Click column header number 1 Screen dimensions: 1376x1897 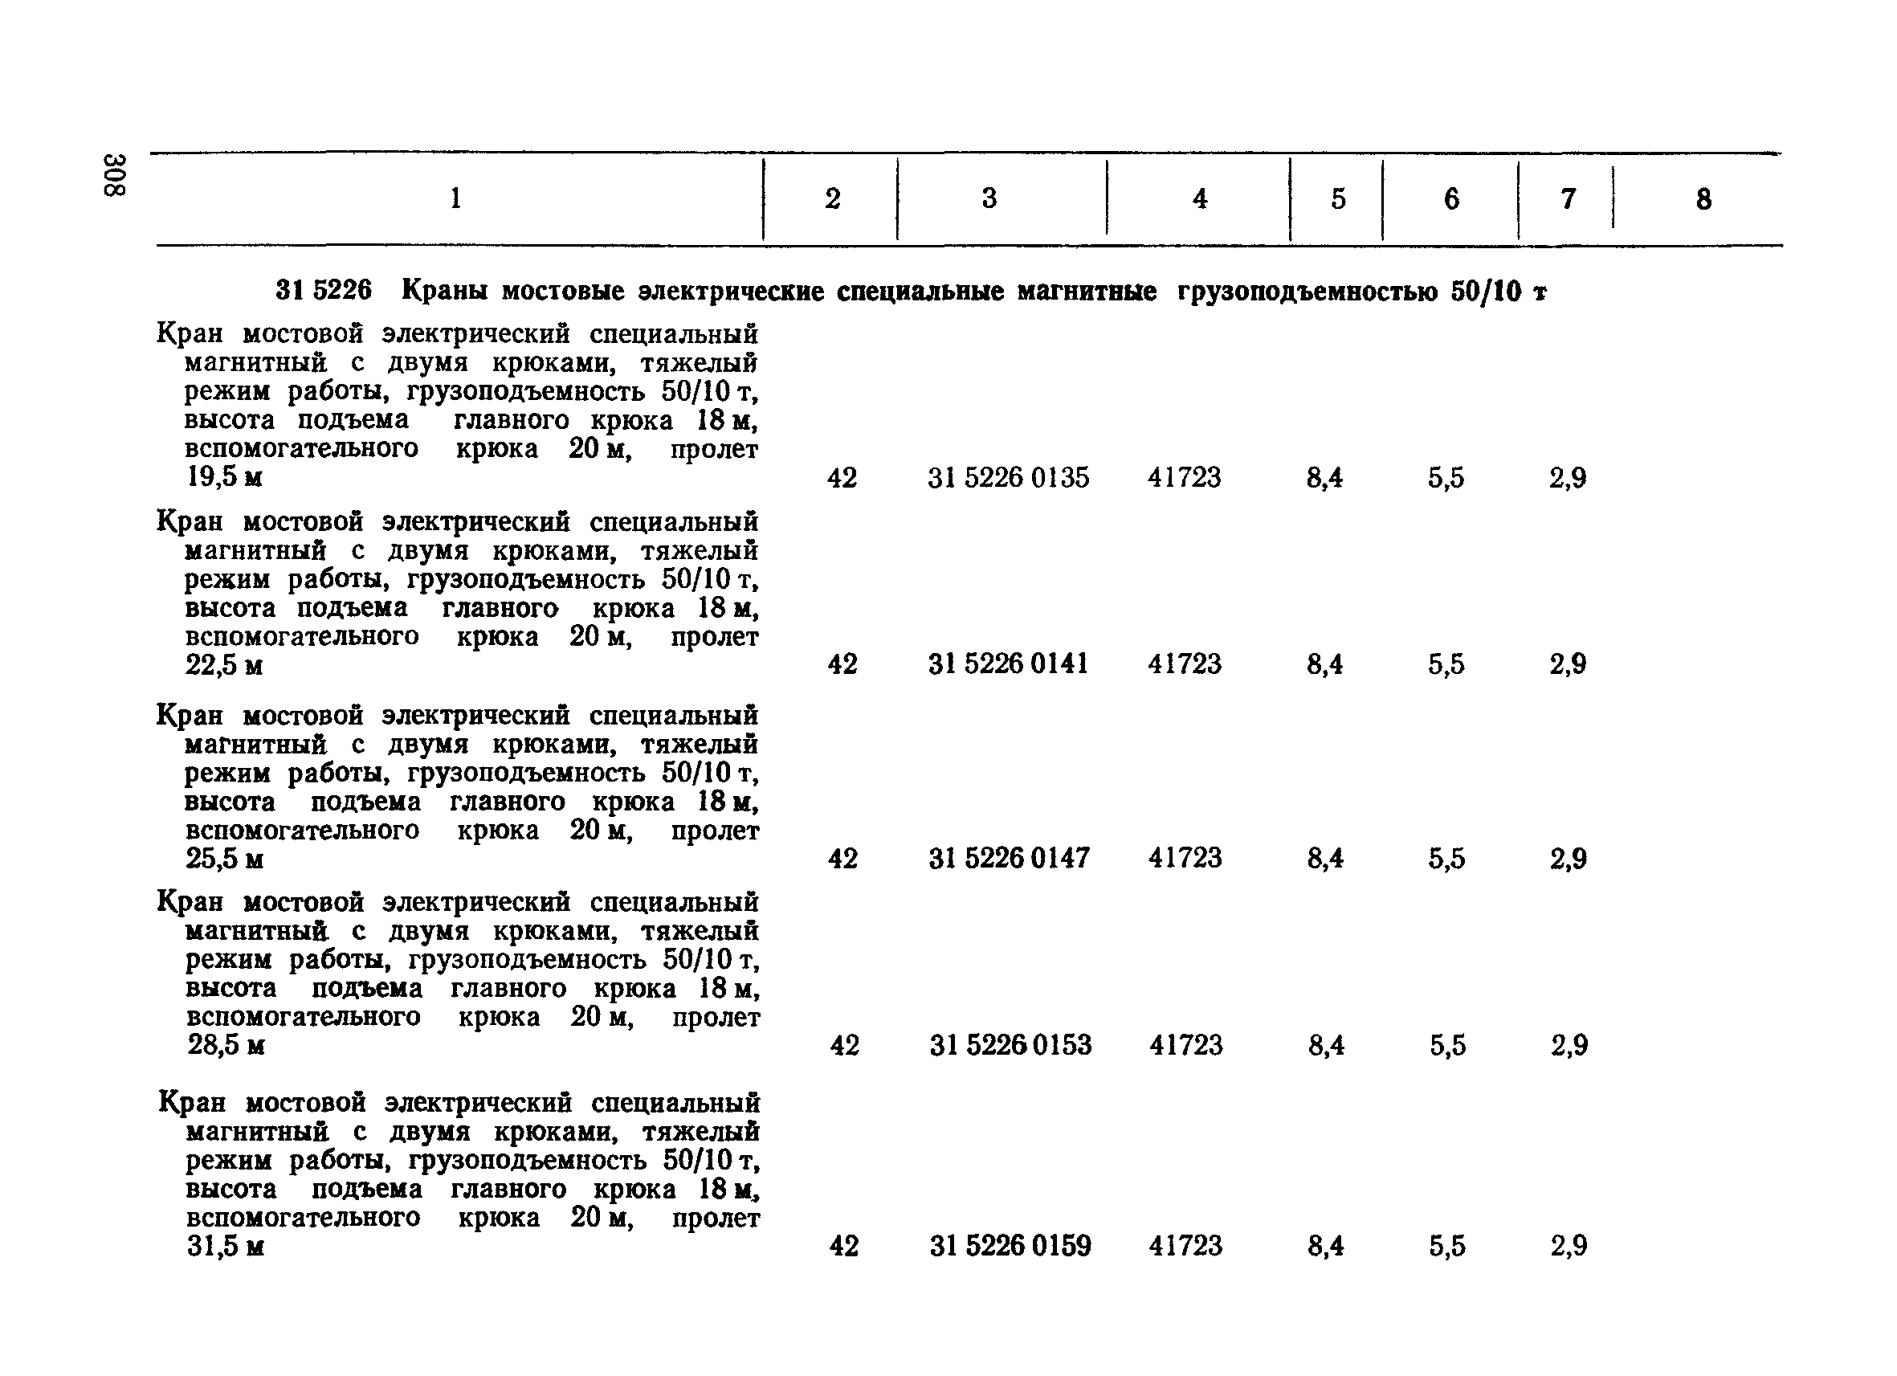coord(455,198)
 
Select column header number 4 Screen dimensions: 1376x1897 coord(1199,199)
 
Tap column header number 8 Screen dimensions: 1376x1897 coord(1703,200)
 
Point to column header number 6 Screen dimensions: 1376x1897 coord(1451,199)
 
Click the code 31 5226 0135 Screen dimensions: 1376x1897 coord(1008,478)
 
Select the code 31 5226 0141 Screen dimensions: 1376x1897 coord(1008,664)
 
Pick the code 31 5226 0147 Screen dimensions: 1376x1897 coord(1009,858)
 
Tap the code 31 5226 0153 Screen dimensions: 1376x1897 coord(1010,1045)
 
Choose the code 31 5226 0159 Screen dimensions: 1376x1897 coord(1010,1247)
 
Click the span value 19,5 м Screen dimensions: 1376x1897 coord(224,478)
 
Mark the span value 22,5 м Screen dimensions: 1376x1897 coord(224,665)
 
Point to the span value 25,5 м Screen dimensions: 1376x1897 coord(225,859)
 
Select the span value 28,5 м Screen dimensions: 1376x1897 coord(226,1046)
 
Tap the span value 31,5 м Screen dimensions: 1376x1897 coord(226,1247)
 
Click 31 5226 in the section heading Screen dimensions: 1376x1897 coord(323,291)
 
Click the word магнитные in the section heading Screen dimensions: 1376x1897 coord(1087,291)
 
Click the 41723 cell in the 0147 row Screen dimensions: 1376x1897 coord(1185,858)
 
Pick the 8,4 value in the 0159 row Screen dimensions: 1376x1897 coord(1326,1247)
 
